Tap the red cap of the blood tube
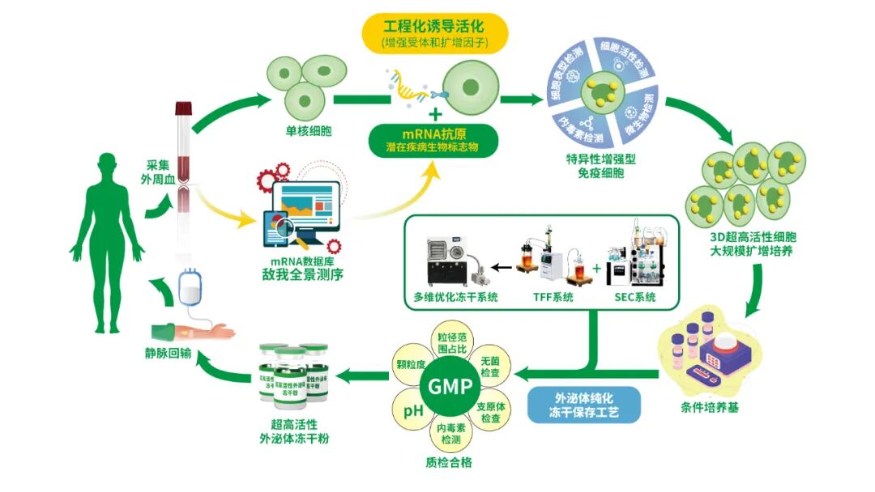point(185,107)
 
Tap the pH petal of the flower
point(414,411)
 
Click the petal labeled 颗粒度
point(411,365)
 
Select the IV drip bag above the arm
point(190,286)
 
